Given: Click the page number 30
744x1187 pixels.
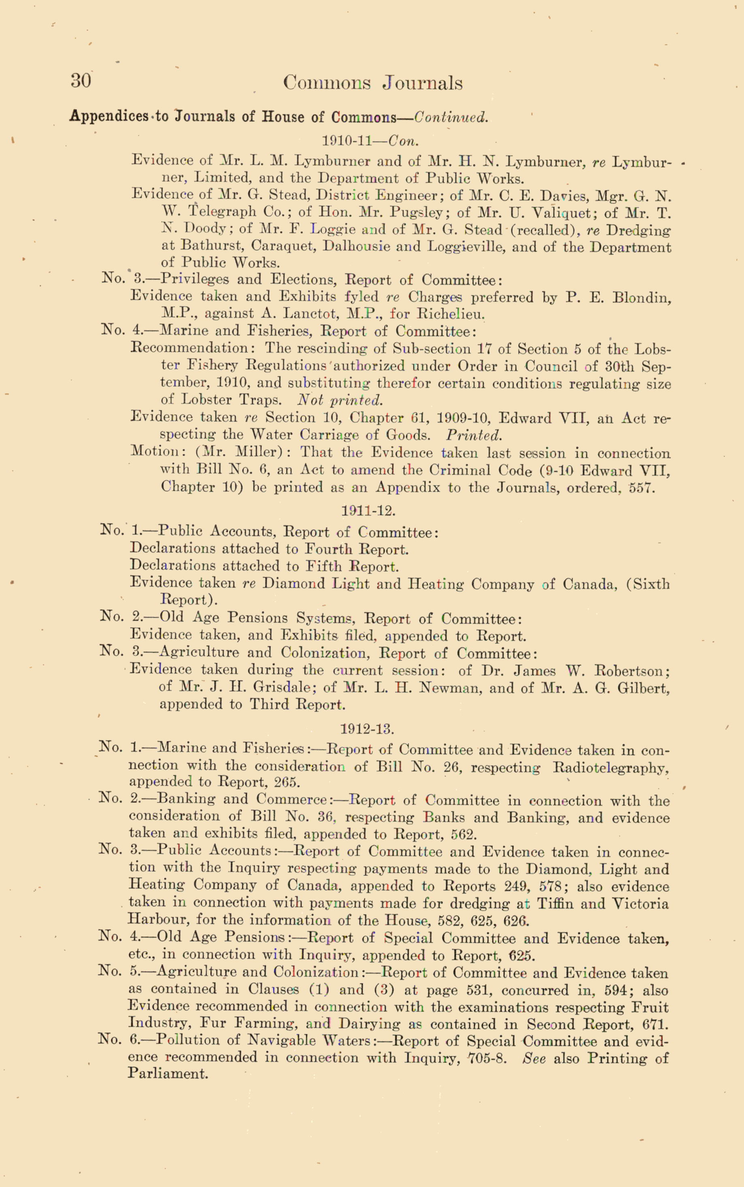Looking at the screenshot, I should (81, 81).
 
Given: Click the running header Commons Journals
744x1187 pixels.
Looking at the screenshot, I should (372, 83).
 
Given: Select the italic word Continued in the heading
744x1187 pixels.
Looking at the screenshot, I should (451, 117).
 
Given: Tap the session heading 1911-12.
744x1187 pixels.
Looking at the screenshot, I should (368, 511).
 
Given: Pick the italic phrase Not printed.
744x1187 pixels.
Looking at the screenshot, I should (340, 399).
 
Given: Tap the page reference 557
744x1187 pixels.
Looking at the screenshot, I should (642, 488).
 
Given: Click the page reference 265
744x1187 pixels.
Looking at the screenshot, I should (287, 782).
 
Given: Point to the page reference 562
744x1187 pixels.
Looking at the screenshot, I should (463, 835).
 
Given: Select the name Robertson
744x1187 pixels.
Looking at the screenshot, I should (632, 671).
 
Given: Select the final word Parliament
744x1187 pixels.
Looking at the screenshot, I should (168, 1073).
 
